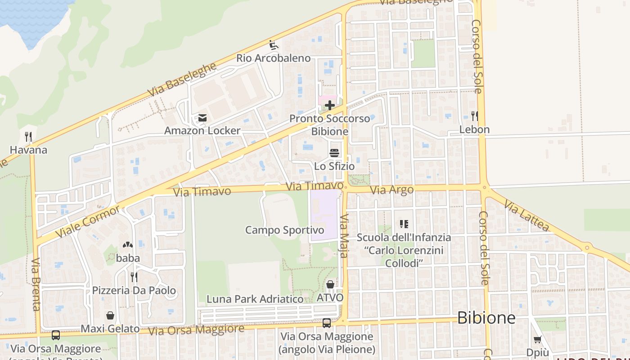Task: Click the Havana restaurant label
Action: (x=28, y=150)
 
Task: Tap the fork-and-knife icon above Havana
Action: (x=28, y=136)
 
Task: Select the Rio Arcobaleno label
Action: (x=274, y=58)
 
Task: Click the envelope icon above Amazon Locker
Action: (x=202, y=118)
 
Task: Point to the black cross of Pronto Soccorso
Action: (x=330, y=106)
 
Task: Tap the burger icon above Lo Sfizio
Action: (x=334, y=153)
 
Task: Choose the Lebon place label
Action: (x=474, y=130)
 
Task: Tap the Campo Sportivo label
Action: (x=284, y=230)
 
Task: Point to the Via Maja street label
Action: (x=343, y=236)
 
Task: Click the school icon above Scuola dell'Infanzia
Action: (x=404, y=224)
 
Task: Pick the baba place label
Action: (x=128, y=258)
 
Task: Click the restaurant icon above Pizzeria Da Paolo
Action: (x=134, y=277)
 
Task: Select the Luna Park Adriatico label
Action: (x=255, y=299)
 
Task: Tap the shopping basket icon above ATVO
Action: (x=330, y=284)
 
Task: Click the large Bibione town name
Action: (x=486, y=318)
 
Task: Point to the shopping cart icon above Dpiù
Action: (x=537, y=339)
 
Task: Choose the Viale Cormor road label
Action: (x=88, y=222)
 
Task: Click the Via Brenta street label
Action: (x=36, y=284)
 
